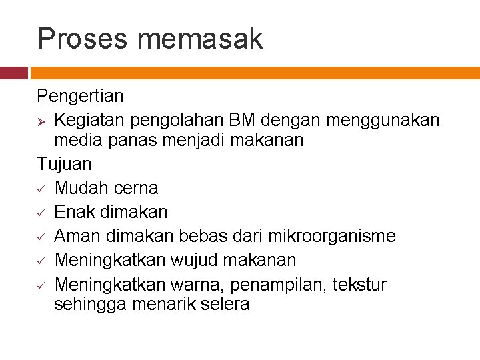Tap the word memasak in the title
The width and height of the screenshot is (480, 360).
point(200,39)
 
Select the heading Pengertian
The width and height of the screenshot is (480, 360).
point(80,96)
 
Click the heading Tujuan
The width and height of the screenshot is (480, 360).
point(65,163)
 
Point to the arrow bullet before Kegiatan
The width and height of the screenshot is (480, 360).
point(42,120)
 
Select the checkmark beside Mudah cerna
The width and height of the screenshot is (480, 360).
point(41,189)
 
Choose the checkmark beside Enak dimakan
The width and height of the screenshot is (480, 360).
point(41,213)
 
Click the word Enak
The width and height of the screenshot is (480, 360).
point(74,212)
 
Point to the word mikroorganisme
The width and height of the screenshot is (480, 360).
point(331,236)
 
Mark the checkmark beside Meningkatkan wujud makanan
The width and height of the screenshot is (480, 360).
point(41,261)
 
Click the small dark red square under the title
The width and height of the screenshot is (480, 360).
point(13,73)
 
